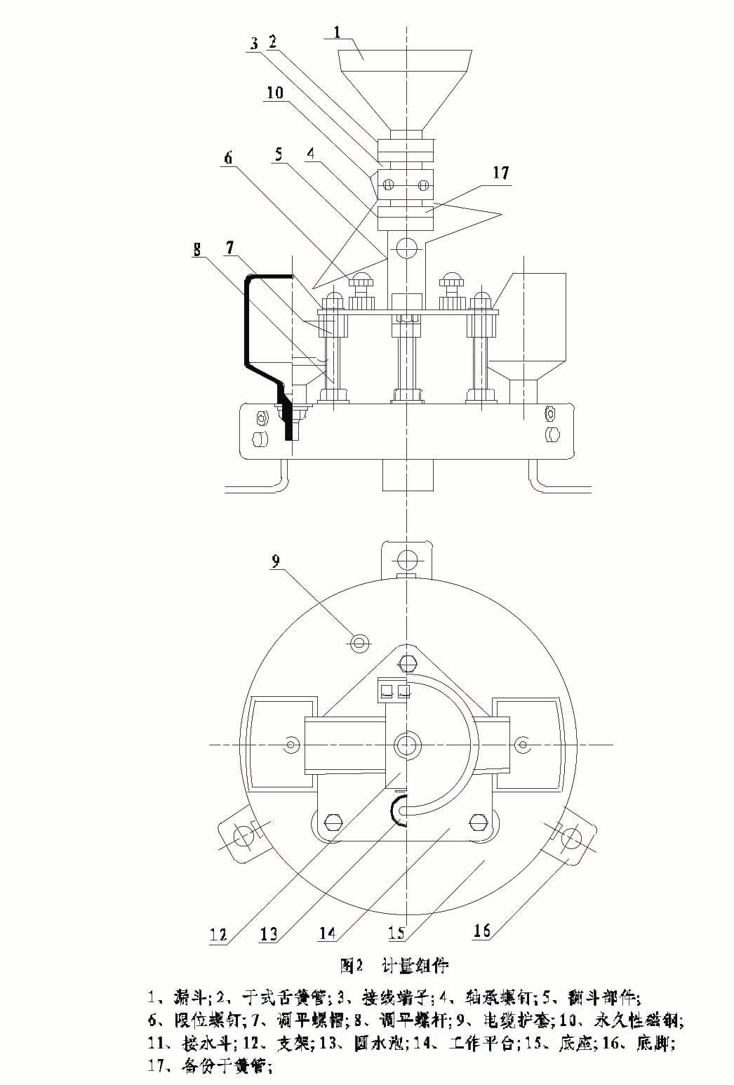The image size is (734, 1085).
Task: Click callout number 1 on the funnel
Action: click(338, 32)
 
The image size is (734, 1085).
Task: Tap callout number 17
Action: click(501, 173)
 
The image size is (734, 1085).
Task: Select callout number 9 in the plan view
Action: click(276, 561)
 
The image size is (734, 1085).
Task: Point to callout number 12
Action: click(218, 934)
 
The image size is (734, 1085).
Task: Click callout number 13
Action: click(269, 934)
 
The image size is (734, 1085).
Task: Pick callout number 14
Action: click(327, 933)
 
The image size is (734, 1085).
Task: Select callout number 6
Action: click(228, 159)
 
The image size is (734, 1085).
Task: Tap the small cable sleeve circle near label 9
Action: click(359, 640)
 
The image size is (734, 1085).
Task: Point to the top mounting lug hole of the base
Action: click(406, 559)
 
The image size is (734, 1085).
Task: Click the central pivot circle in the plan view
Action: click(406, 745)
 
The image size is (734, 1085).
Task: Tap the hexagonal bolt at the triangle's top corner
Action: click(407, 662)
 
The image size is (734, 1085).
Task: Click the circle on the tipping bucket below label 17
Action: click(406, 247)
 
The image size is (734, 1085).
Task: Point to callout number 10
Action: click(275, 93)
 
